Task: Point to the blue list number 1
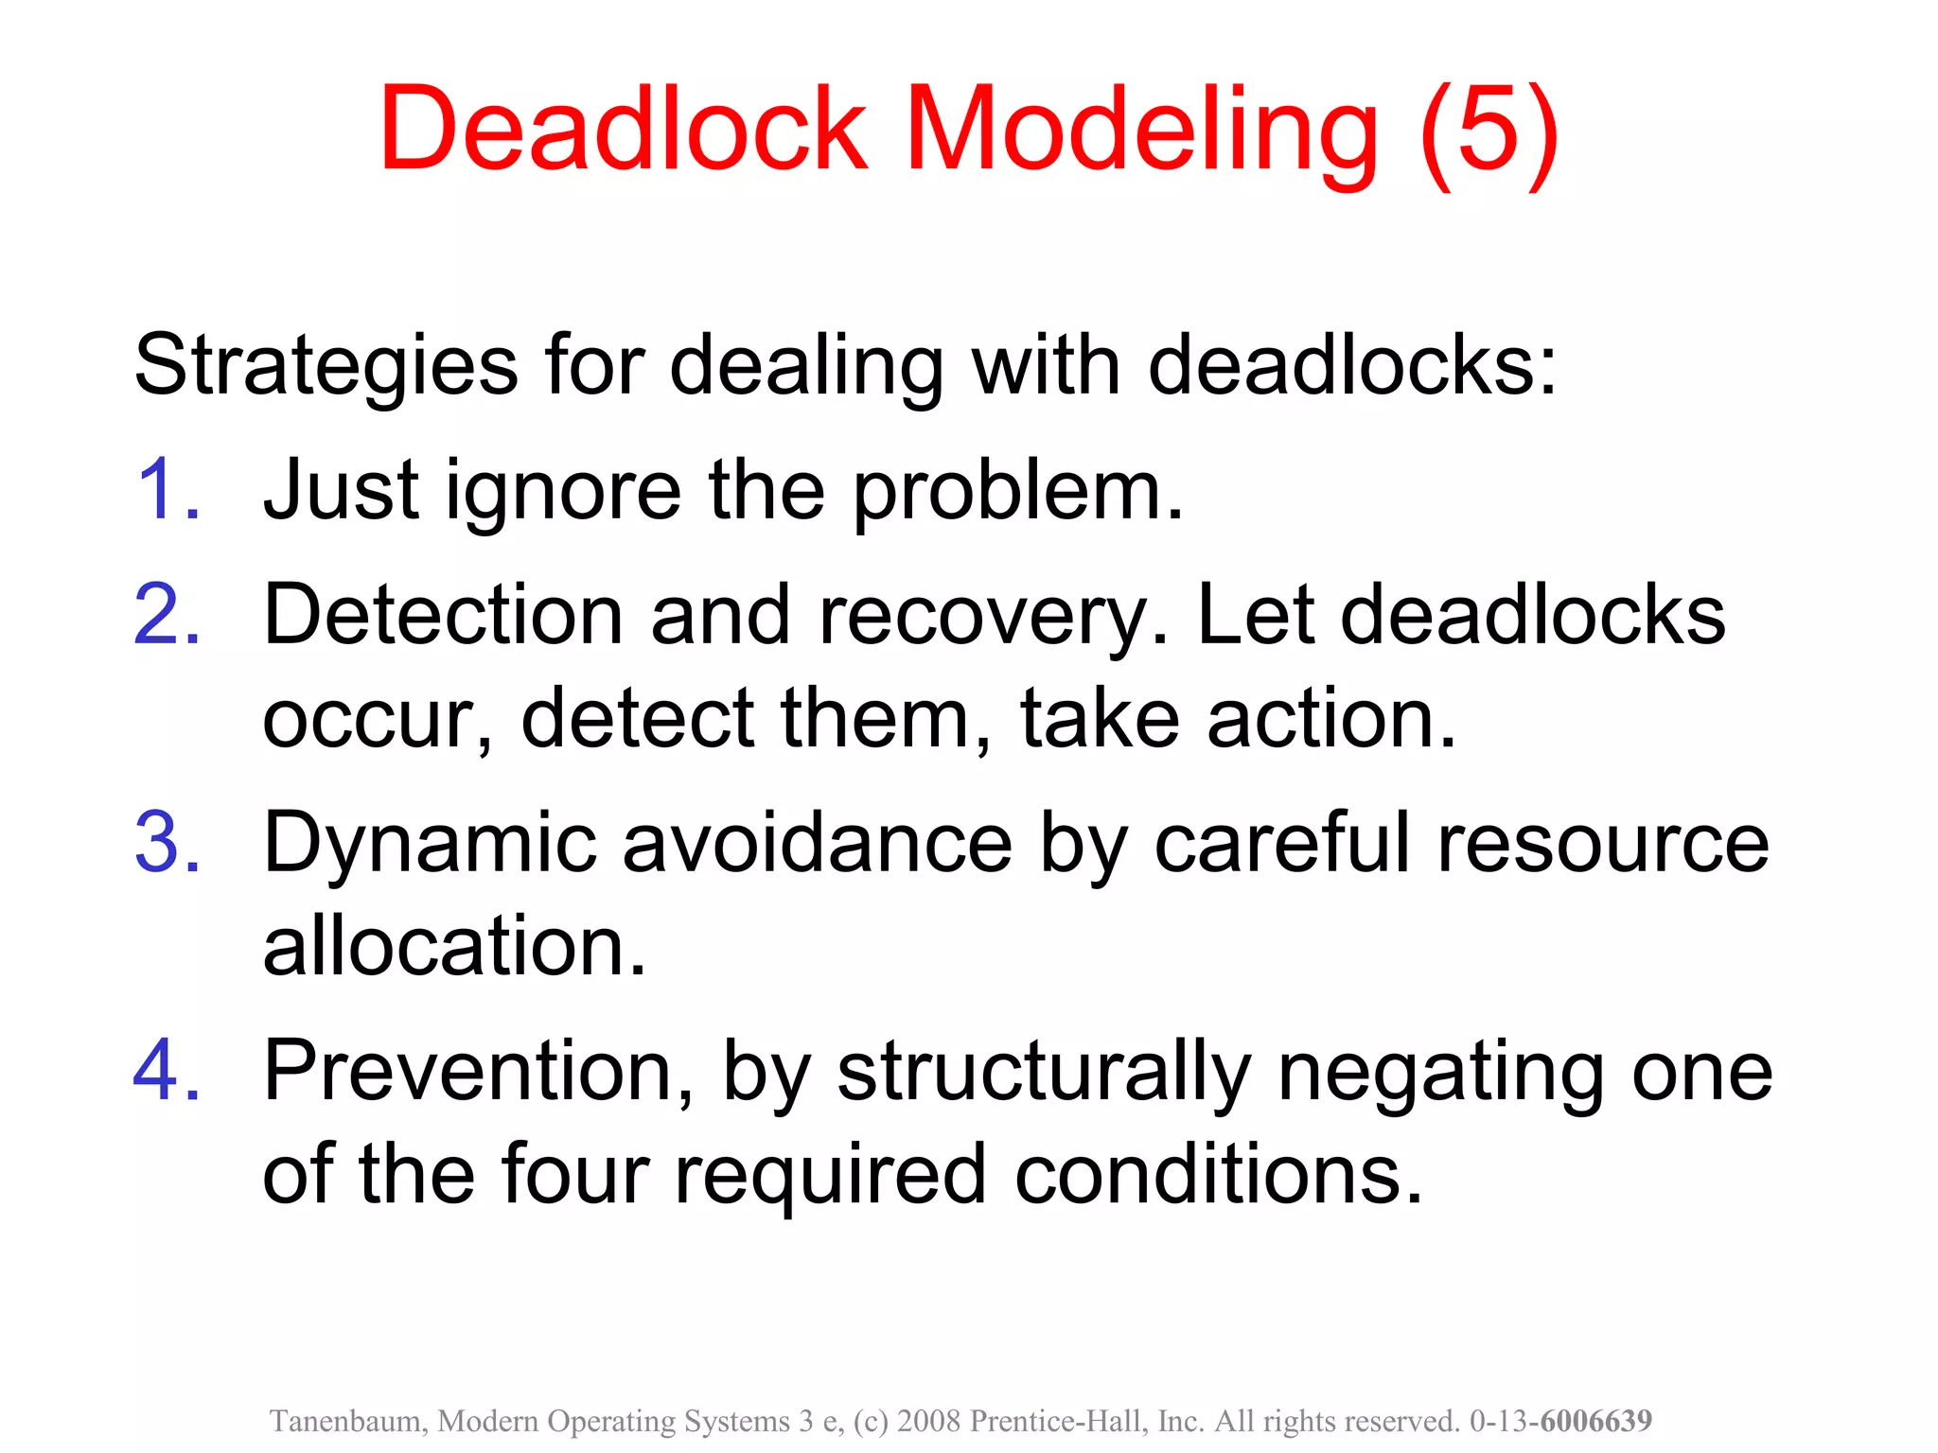(x=167, y=490)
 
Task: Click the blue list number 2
(x=167, y=615)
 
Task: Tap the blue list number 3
(x=167, y=842)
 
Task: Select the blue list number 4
(x=167, y=1071)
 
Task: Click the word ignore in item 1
(x=564, y=492)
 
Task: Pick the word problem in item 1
(x=1017, y=492)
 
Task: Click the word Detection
(x=443, y=615)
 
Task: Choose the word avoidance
(x=818, y=842)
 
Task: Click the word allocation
(x=454, y=945)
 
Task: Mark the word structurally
(x=1045, y=1073)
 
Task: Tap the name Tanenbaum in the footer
(x=349, y=1421)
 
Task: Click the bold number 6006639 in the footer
(x=1596, y=1421)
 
